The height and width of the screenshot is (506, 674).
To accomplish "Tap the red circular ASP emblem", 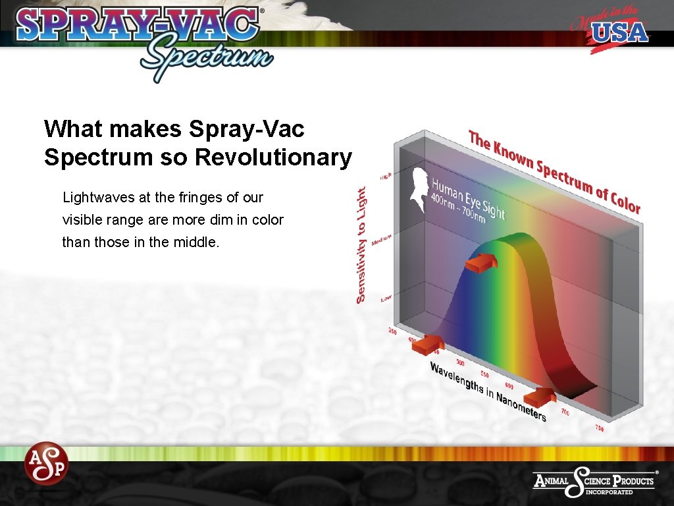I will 46,463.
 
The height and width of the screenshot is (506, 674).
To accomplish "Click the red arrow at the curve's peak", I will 480,264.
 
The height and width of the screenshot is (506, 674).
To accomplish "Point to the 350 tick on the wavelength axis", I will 393,331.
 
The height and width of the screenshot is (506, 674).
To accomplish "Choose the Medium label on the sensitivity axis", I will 382,240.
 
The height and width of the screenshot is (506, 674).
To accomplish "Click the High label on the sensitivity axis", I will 386,177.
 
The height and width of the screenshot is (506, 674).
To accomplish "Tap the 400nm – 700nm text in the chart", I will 457,207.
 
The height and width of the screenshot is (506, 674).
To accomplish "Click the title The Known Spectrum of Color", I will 554,171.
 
